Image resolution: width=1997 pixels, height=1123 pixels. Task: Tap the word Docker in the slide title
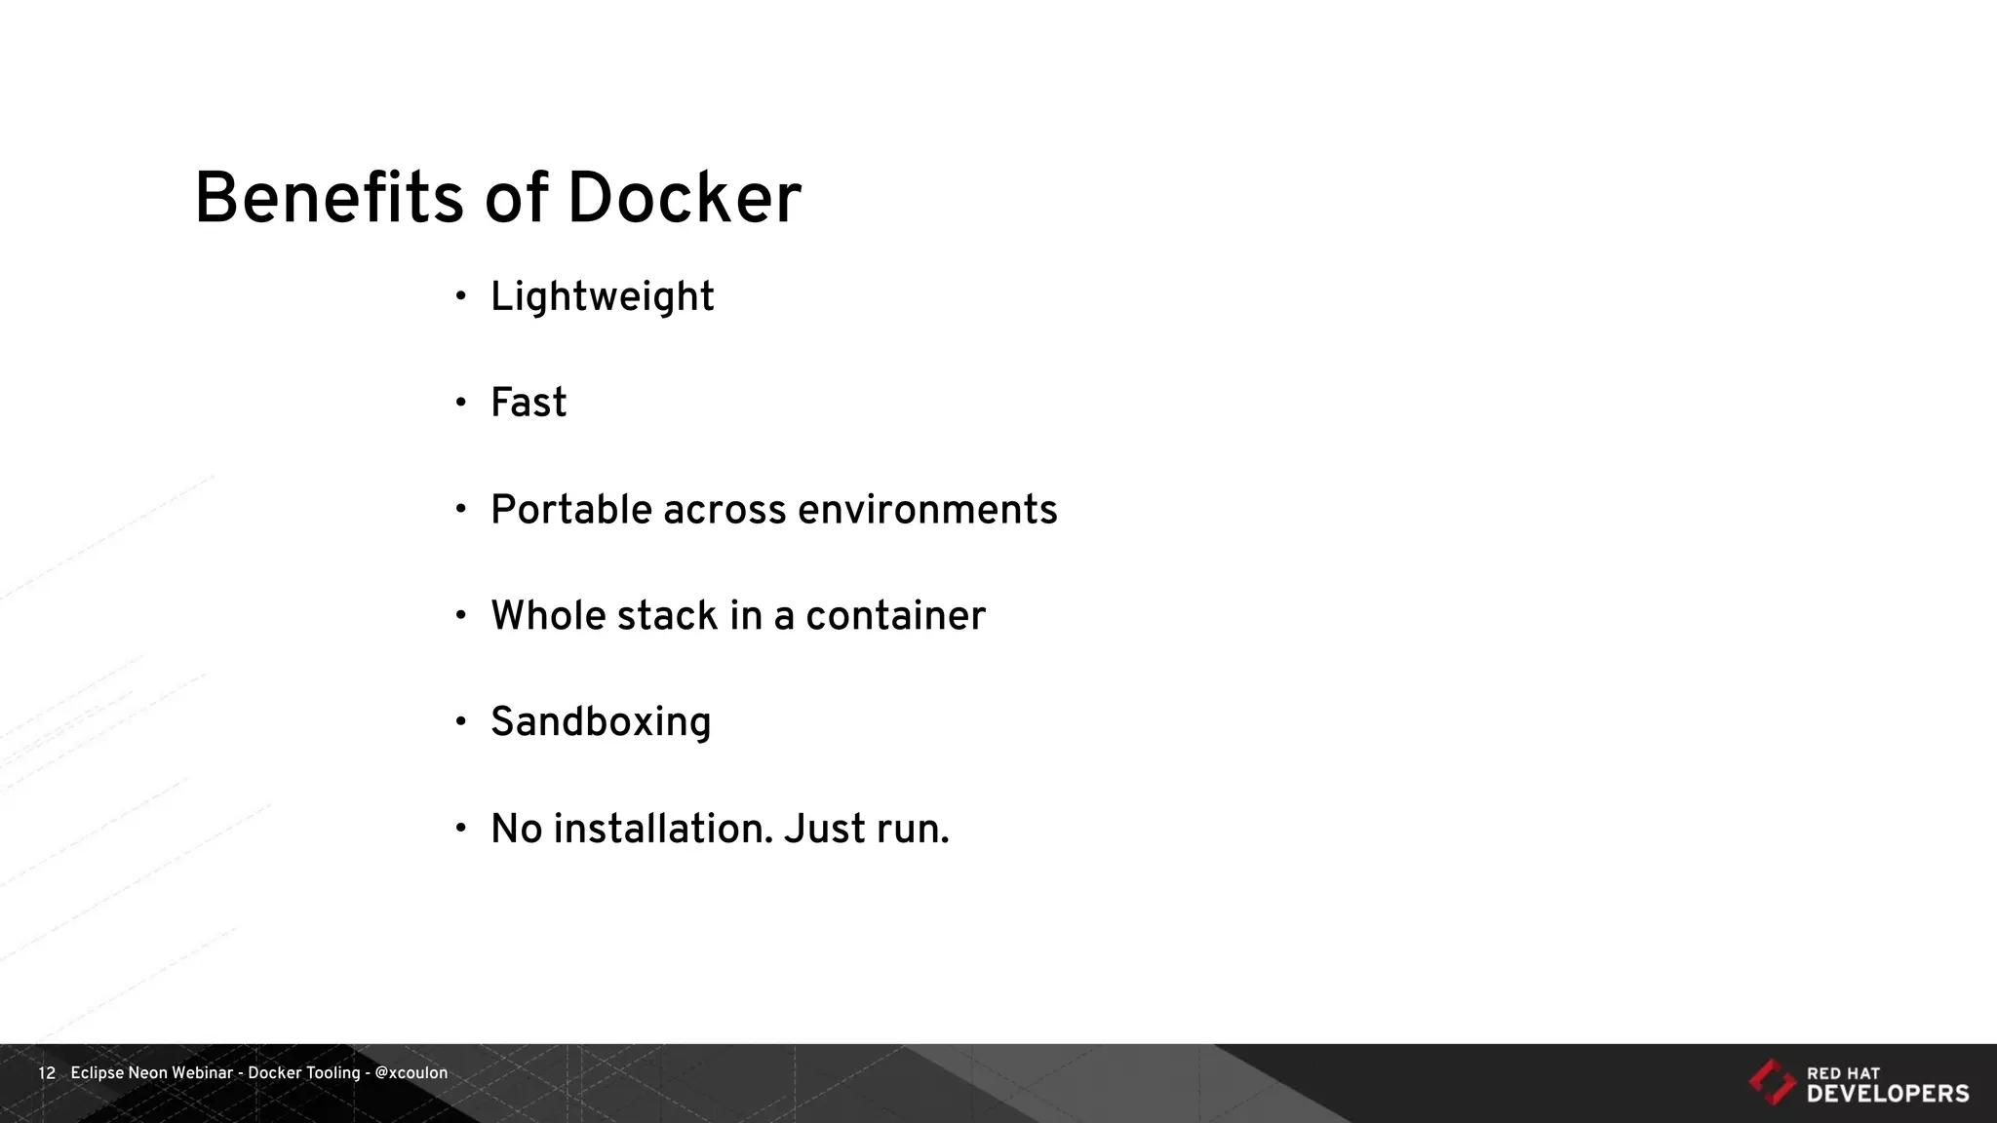684,199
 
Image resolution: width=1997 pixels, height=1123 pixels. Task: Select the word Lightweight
602,297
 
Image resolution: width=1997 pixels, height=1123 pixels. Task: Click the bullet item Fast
528,403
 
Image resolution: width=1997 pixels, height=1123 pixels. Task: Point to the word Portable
569,510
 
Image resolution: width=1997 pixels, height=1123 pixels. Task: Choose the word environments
926,510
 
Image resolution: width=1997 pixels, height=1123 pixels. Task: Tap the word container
895,616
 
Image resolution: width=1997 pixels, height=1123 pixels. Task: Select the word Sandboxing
601,722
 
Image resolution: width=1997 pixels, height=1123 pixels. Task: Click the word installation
663,829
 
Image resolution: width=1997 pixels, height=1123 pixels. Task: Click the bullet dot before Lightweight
461,295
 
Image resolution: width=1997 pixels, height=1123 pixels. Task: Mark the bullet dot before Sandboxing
461,721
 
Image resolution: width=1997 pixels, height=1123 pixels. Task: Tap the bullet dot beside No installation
461,828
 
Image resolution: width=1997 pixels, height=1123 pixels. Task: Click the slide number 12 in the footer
47,1073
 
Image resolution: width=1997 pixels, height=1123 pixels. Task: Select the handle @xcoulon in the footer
411,1073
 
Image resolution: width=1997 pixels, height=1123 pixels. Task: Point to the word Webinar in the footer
202,1073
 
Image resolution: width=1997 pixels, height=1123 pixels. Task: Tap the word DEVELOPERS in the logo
1888,1094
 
